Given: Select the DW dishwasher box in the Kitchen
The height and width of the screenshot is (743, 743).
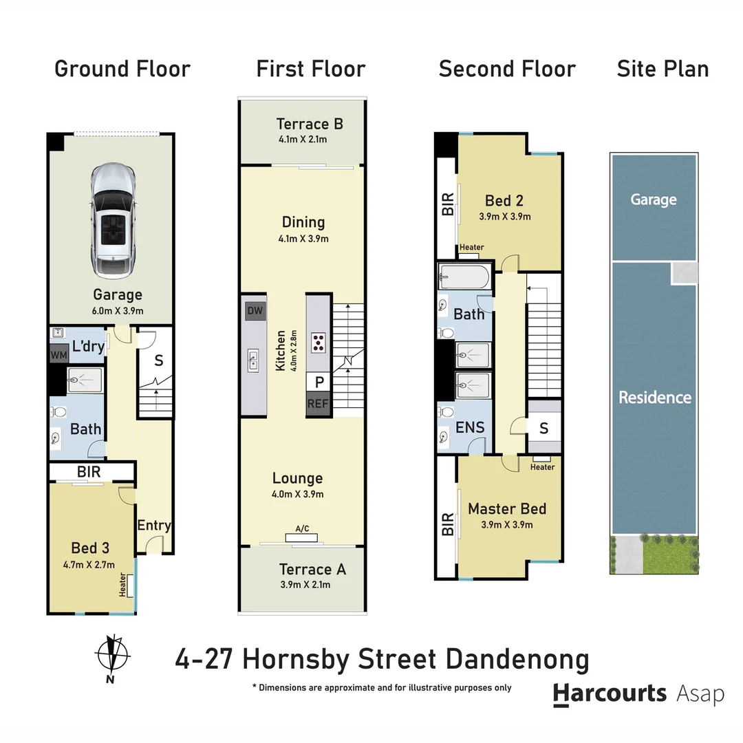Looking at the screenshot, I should pos(255,311).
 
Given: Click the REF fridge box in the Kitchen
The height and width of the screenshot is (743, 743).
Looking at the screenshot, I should pos(318,405).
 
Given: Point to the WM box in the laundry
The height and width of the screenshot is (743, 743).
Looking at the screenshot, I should pos(58,354).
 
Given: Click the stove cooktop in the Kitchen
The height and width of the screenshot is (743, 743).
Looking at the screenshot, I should pos(319,342).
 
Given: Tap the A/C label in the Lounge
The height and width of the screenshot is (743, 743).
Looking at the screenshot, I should pos(302,528).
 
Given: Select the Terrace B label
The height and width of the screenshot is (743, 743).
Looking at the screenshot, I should pos(310,125).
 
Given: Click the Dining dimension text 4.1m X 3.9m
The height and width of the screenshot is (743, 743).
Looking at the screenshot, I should pos(303,239).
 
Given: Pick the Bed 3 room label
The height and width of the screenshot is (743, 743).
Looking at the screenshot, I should pos(90,548).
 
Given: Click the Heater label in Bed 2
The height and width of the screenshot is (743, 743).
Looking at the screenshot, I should pos(471,248).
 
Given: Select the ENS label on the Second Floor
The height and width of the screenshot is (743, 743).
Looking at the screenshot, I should pos(470,427).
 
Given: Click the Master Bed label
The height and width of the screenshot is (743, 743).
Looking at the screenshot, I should pos(507,509).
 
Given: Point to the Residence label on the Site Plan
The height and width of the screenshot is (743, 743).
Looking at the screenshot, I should pos(654,397).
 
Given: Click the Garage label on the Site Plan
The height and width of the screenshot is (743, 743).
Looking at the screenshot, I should pos(654,200).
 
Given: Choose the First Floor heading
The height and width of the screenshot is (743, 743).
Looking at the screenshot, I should pos(311,69).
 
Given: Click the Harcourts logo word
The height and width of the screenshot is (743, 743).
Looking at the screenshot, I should pos(610,693).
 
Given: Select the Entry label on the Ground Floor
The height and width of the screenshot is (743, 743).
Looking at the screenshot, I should pos(153,526).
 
